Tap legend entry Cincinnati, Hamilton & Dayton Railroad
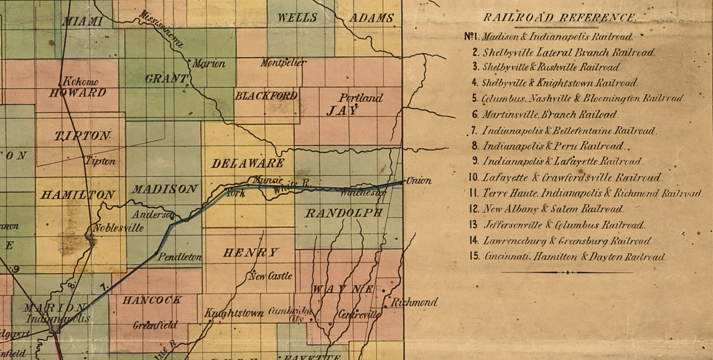(575, 257)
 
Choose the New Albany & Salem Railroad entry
(553, 210)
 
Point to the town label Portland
(361, 98)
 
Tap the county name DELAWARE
(248, 164)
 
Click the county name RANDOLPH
(343, 213)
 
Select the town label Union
(419, 181)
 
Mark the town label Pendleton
(180, 256)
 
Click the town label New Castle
(271, 276)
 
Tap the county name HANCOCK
(152, 300)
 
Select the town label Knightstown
(234, 313)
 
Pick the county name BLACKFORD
(266, 96)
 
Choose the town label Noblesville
(118, 228)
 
